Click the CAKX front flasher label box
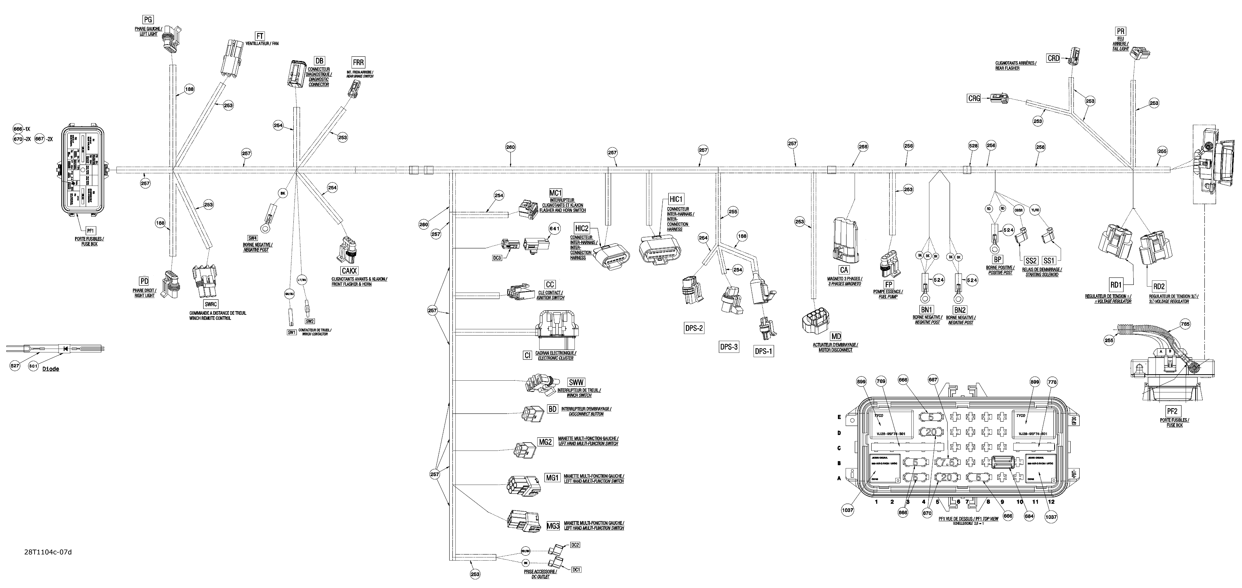coord(349,271)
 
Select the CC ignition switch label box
coord(550,285)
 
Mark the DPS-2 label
coord(694,328)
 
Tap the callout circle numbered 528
coord(973,145)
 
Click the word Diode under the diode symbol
coord(51,369)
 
